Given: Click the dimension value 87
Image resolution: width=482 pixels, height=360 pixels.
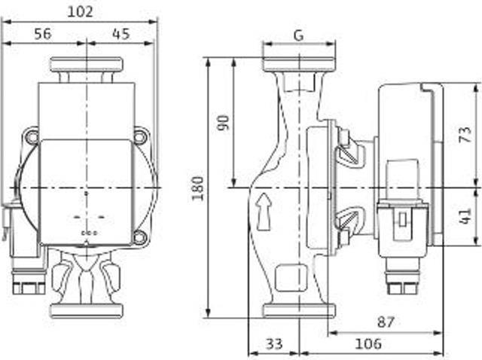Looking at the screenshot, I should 386,322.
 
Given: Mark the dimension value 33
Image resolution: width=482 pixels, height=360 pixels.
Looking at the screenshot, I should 274,343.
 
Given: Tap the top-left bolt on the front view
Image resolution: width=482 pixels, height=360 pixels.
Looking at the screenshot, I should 31,136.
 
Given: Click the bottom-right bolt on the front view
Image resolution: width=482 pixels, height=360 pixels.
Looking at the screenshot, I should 141,239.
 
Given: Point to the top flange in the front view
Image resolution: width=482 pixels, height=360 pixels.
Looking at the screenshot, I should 87,65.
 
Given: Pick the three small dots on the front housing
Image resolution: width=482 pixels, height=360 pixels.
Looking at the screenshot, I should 89,233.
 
